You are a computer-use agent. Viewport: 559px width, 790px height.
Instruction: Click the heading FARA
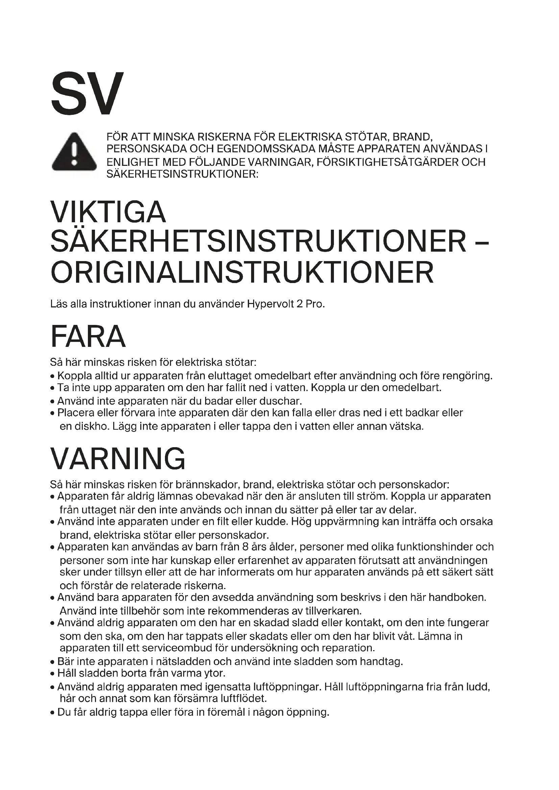coord(88,336)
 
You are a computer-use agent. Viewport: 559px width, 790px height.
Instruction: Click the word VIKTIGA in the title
coord(108,212)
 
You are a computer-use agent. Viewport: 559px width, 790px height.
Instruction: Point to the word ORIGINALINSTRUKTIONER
coord(242,272)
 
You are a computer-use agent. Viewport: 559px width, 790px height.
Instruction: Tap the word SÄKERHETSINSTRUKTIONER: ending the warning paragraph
coord(182,174)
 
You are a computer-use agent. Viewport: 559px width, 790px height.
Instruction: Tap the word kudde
coord(271,521)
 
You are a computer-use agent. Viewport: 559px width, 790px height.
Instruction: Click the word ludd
coord(478,687)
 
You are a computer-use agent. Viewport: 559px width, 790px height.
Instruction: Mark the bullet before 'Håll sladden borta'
coord(52,674)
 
